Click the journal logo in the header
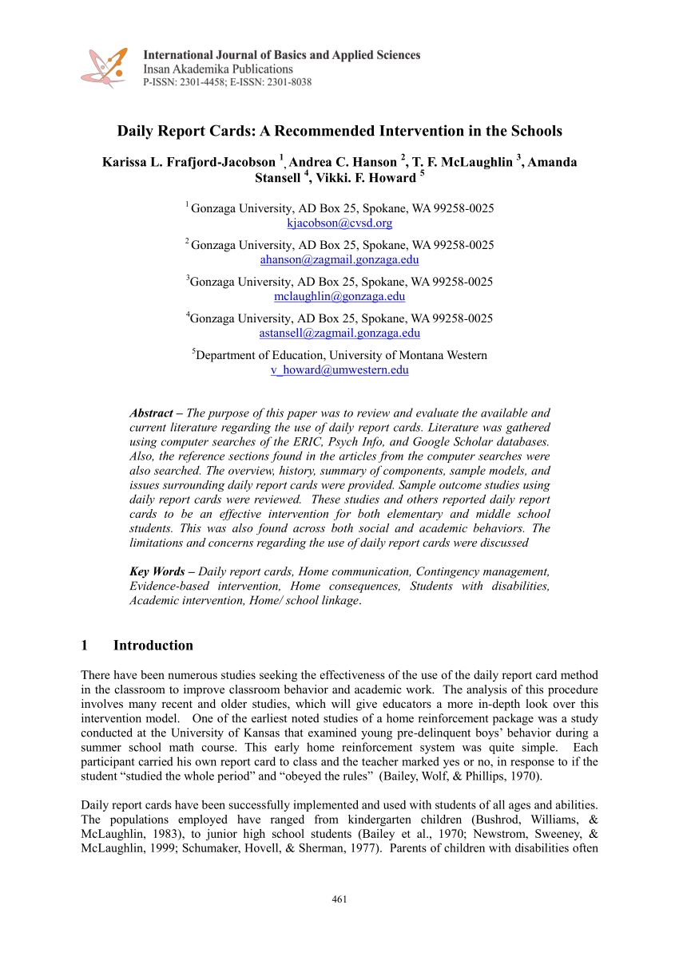click(104, 67)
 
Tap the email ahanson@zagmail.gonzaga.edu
click(339, 259)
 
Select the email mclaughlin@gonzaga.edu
click(339, 296)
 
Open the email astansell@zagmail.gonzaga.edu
click(339, 333)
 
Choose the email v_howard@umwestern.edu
click(339, 369)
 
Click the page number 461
click(339, 900)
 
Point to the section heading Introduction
click(153, 645)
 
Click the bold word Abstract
click(151, 413)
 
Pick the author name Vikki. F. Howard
click(367, 177)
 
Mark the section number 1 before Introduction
click(85, 645)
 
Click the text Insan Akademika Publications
click(218, 69)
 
